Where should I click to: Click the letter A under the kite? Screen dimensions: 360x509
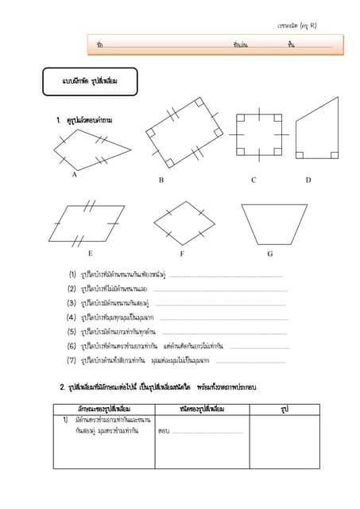[74, 174]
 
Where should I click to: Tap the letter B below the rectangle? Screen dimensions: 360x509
[161, 181]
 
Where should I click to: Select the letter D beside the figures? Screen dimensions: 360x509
[308, 181]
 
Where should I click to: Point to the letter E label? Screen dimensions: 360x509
[90, 254]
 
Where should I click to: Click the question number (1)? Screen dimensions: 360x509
[72, 274]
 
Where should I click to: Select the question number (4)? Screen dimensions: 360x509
[72, 317]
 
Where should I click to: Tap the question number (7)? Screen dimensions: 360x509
[72, 360]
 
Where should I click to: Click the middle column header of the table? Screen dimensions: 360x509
[202, 408]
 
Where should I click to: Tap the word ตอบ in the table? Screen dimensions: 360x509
[164, 431]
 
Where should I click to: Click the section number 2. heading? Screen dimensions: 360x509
[63, 387]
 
